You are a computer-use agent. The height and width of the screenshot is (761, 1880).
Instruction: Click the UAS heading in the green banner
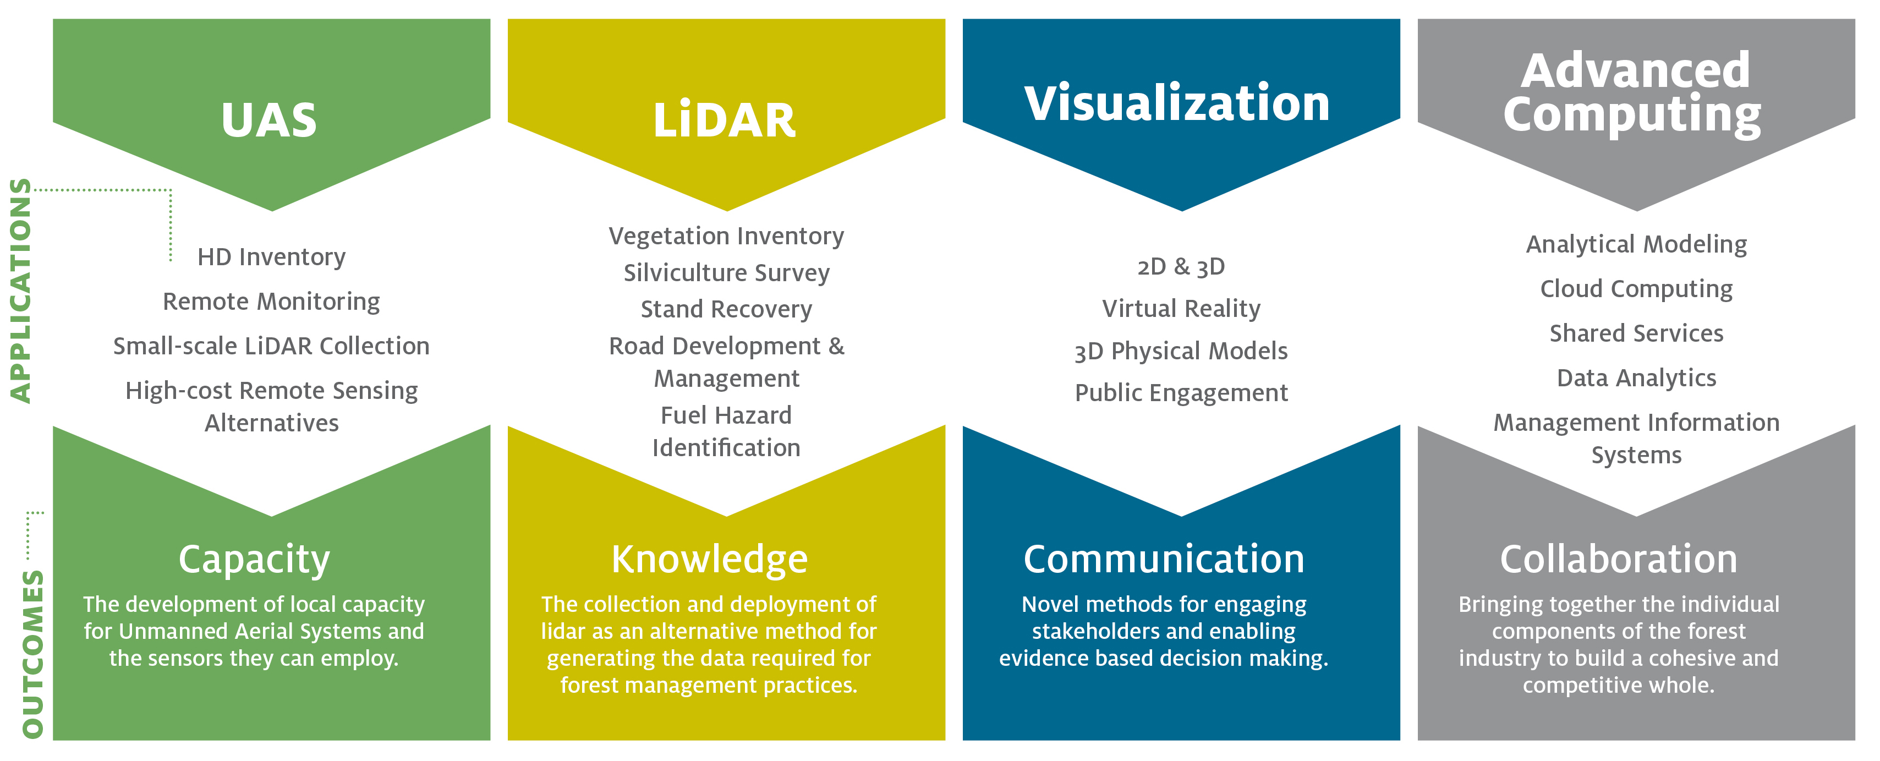tap(269, 121)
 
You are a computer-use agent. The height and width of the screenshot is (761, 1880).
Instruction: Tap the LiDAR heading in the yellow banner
tap(725, 121)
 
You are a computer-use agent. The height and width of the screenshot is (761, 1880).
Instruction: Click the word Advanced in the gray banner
tap(1636, 71)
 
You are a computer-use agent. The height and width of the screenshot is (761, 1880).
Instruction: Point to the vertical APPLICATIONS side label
tap(20, 291)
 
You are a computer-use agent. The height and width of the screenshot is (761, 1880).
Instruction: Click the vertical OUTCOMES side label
tap(33, 654)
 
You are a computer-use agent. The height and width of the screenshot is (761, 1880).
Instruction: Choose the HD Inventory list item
tap(271, 257)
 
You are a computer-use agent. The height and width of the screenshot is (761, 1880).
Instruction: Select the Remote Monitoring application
tap(271, 302)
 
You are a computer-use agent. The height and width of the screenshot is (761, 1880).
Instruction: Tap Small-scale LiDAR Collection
tap(271, 346)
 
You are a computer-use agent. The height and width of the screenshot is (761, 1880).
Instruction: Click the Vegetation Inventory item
tap(726, 236)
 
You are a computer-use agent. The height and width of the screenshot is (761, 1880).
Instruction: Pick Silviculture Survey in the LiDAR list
tap(726, 273)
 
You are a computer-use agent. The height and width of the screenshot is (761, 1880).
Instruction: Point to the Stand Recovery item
tap(726, 309)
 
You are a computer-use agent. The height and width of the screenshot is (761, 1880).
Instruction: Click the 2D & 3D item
tap(1181, 267)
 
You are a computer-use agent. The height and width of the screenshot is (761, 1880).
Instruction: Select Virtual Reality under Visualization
tap(1181, 309)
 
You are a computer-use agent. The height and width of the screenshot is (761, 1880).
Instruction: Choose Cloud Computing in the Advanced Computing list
tap(1636, 289)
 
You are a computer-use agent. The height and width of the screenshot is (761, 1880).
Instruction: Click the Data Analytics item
tap(1636, 378)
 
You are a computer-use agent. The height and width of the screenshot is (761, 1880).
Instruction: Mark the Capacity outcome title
tap(254, 560)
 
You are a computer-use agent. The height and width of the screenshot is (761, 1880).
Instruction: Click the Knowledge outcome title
tap(709, 559)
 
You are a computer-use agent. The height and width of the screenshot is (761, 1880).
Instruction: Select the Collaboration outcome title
tap(1619, 559)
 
